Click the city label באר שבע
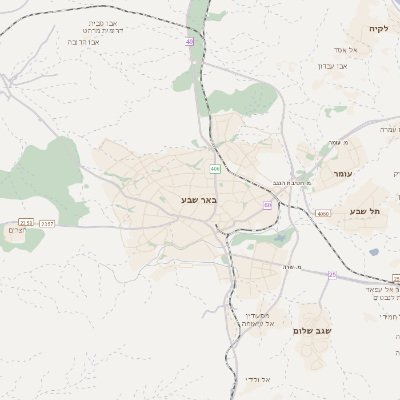click(x=198, y=200)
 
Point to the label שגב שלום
click(x=314, y=330)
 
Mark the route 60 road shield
click(x=267, y=204)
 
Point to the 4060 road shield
click(x=321, y=214)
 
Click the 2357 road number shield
click(x=47, y=224)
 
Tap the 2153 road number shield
click(x=25, y=222)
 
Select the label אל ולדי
click(x=256, y=379)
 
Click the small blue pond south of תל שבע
click(x=373, y=252)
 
